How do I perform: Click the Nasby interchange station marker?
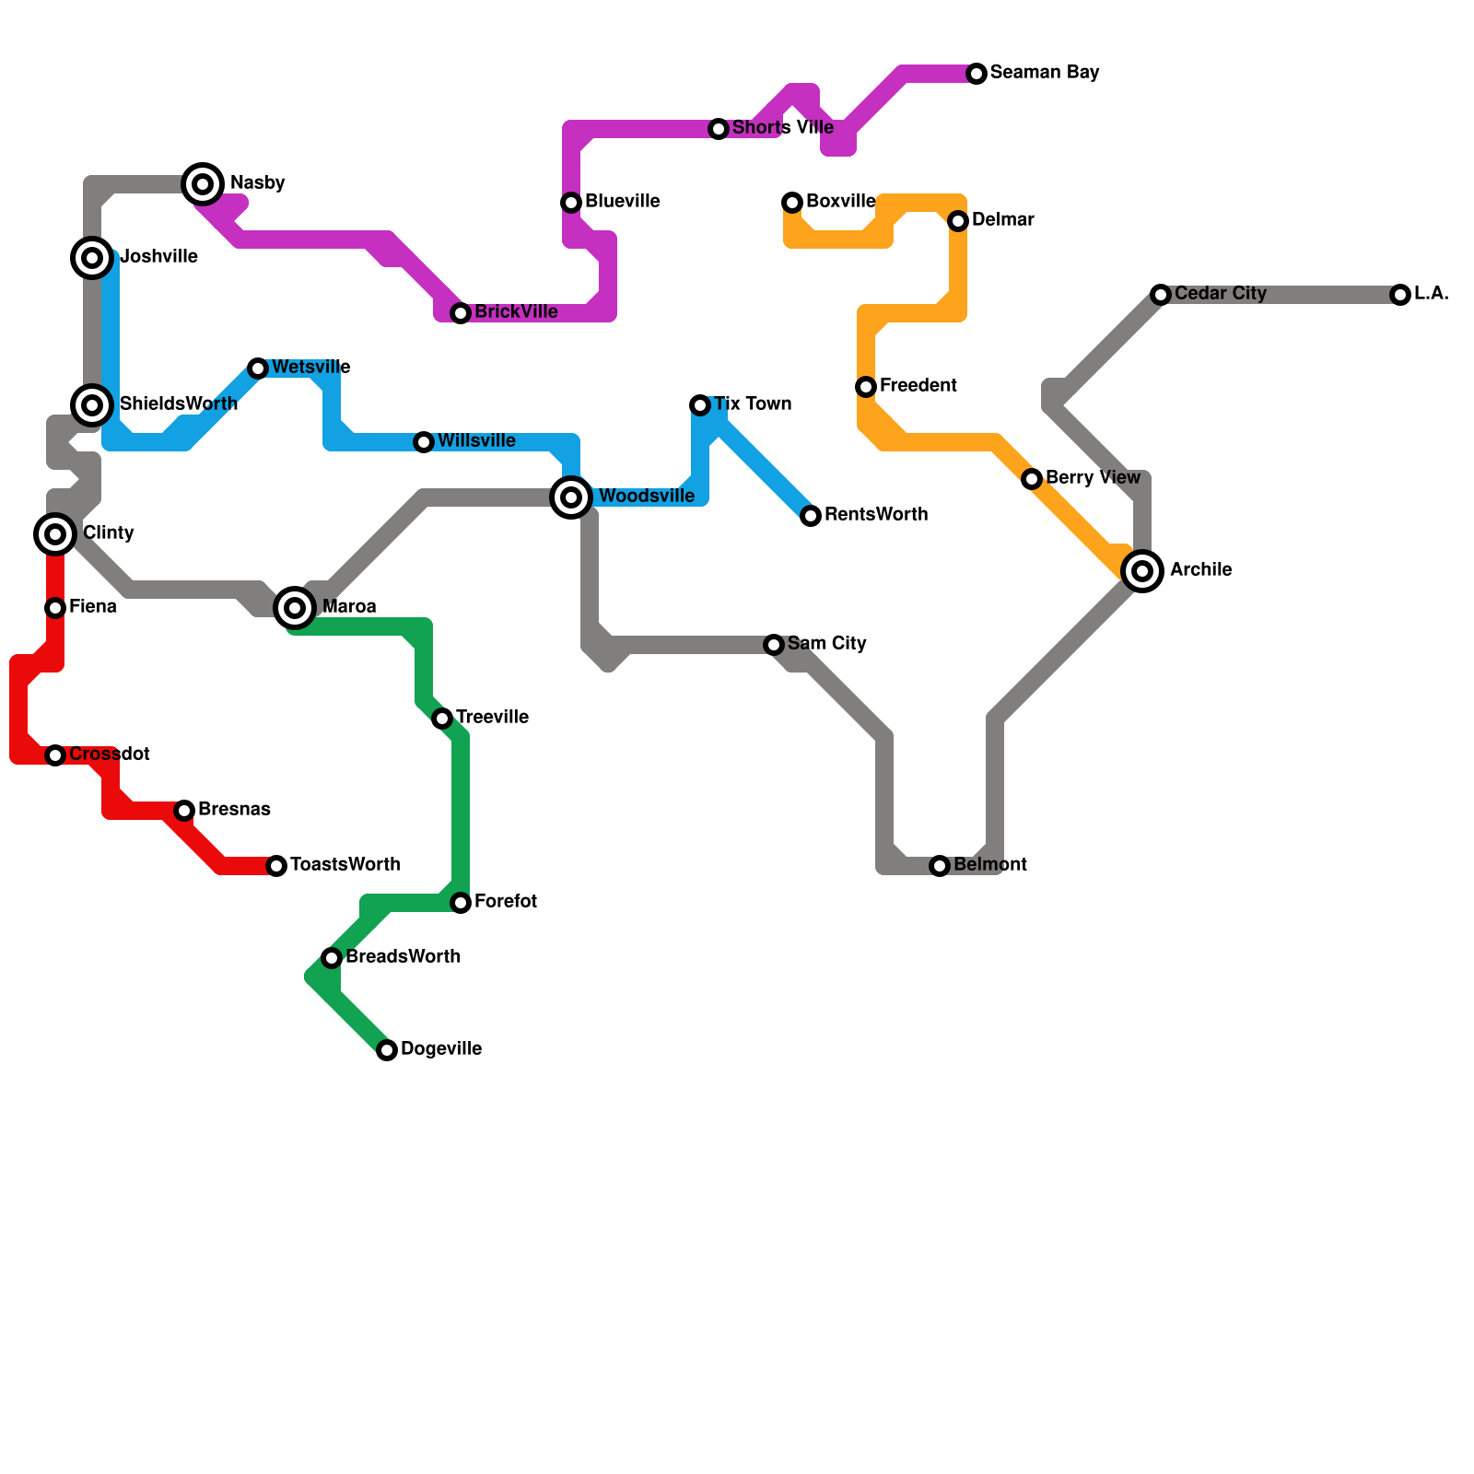click(203, 184)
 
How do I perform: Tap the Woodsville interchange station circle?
click(571, 497)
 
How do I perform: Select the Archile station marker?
click(1142, 571)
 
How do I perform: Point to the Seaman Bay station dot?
click(977, 74)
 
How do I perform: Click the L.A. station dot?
click(1400, 295)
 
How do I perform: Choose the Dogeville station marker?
click(387, 1050)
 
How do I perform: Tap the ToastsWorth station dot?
click(276, 866)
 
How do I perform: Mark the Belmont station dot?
click(940, 866)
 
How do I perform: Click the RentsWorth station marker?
click(811, 516)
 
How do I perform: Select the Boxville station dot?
click(792, 203)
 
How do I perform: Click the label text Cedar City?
click(1220, 294)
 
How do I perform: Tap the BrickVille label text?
click(516, 312)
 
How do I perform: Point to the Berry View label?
click(1093, 478)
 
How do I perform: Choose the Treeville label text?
click(492, 718)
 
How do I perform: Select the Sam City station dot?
click(774, 645)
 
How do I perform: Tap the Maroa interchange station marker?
click(295, 608)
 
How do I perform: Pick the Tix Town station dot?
click(700, 405)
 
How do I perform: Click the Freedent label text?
click(918, 386)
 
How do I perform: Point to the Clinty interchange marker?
click(55, 534)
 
